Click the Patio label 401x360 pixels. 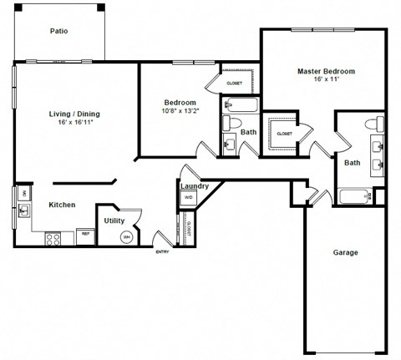click(58, 32)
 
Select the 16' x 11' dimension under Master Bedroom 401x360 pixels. click(327, 80)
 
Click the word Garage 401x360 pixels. click(345, 252)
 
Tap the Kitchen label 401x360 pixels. click(62, 205)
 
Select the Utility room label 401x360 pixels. click(114, 221)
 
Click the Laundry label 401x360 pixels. click(194, 186)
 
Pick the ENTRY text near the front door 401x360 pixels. click(162, 252)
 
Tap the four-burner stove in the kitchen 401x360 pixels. click(53, 238)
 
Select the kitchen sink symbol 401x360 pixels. click(23, 210)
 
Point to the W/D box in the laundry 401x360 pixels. click(188, 198)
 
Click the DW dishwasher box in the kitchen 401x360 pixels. click(24, 194)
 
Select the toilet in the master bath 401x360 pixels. click(378, 125)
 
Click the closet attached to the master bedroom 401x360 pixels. click(285, 134)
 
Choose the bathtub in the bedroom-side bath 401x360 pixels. click(241, 106)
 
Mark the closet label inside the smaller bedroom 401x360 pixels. click(235, 83)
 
